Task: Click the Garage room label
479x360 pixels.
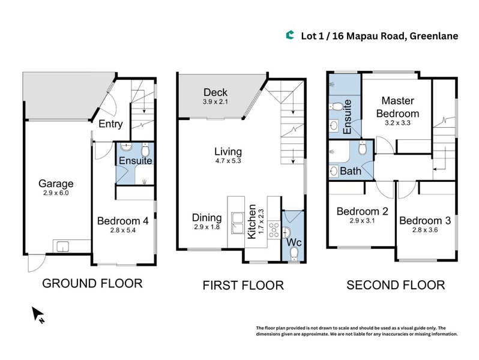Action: coord(56,184)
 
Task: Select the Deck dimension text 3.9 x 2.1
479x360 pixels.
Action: coord(215,103)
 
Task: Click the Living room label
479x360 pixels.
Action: coord(228,151)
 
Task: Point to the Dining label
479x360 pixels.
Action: coord(206,217)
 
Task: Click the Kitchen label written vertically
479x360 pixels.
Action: coord(252,221)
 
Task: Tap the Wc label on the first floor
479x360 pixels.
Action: coord(294,242)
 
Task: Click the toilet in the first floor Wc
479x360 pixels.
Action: coord(294,255)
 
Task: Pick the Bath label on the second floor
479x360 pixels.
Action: coord(351,171)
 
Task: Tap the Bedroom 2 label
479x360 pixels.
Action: coord(361,211)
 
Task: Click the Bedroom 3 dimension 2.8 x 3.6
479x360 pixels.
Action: coord(424,230)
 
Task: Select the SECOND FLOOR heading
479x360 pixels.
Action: coord(396,285)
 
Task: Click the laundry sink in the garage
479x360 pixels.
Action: coord(62,245)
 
